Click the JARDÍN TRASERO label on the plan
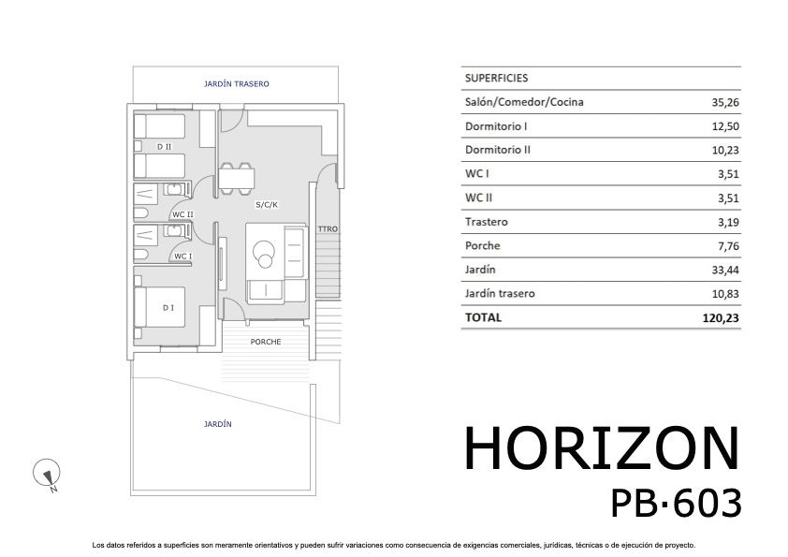[236, 84]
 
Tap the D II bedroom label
[165, 147]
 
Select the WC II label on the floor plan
[182, 214]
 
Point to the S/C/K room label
[267, 204]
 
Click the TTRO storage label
[327, 229]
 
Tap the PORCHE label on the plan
[266, 342]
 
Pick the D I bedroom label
[168, 308]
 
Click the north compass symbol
[46, 476]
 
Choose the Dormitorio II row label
[498, 150]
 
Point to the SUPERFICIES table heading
[496, 79]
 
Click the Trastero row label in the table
[486, 222]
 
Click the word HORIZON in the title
[602, 449]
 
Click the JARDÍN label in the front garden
[217, 424]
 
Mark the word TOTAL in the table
[483, 317]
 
